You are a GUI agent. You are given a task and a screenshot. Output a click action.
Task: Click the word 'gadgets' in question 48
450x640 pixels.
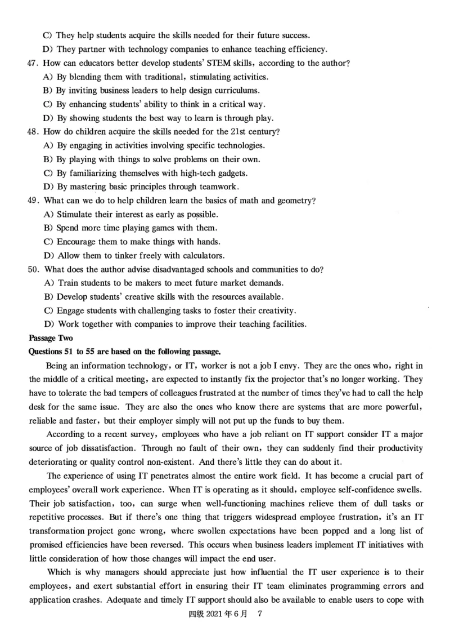point(232,173)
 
